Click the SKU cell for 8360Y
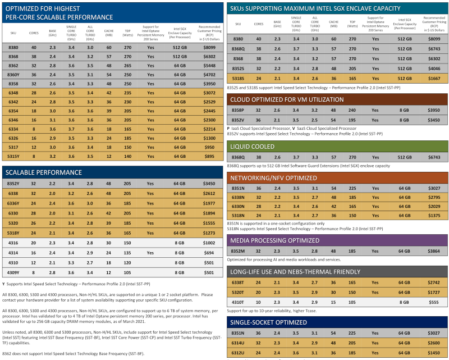coord(13,74)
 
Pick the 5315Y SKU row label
coord(13,156)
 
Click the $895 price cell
coord(208,156)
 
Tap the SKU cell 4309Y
coord(13,272)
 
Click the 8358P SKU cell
coord(238,111)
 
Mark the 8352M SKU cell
coord(238,251)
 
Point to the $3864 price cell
coord(432,251)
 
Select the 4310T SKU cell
coord(238,302)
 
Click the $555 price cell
coord(432,302)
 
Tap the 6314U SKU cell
coord(238,343)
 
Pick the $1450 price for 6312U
coord(432,352)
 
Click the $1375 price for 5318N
coord(432,216)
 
